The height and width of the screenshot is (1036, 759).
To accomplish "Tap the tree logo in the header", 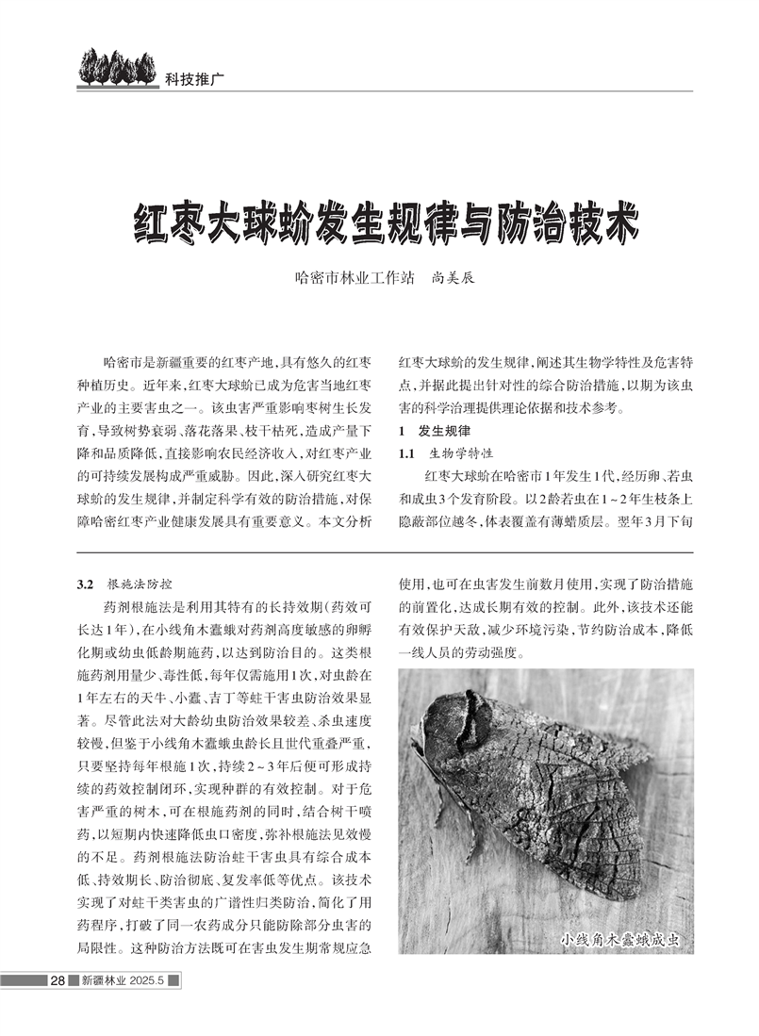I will click(x=108, y=68).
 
